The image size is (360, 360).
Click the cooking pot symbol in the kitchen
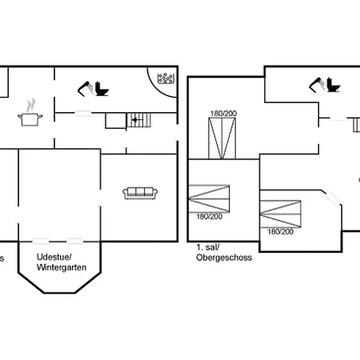pos(30,119)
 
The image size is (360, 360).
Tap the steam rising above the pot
pos(31,105)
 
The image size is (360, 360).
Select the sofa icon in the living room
pos(140,193)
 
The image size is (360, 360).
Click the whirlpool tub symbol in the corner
pos(166,78)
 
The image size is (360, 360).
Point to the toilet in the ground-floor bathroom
pos(102,89)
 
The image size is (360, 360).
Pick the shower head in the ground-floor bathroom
pos(86,88)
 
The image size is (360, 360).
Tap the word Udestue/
pos(54,257)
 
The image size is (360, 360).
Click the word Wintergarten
pos(62,267)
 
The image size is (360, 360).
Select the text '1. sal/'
pos(208,247)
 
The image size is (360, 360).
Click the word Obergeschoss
pos(224,258)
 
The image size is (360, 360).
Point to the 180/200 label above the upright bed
pos(223,114)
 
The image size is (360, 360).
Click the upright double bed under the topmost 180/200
pos(222,138)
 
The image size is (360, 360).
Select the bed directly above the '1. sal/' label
pos(209,198)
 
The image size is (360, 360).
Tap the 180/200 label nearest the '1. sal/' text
pos(210,217)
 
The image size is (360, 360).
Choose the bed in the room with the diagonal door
pos(280,214)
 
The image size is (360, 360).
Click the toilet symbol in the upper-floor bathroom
pos(334,85)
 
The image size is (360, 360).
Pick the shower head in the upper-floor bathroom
pos(317,85)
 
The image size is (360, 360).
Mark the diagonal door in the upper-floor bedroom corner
pos(333,198)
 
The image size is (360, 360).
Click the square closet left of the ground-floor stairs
pos(116,121)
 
